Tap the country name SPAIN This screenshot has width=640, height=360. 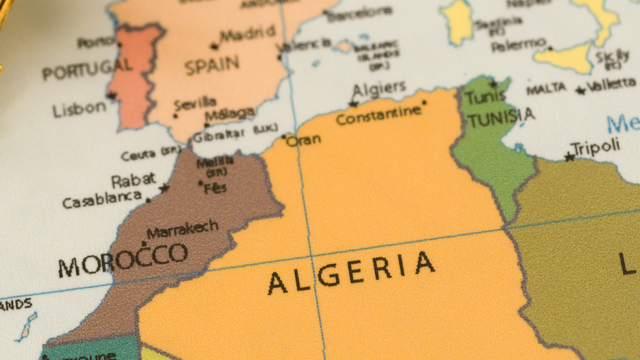pyautogui.click(x=212, y=66)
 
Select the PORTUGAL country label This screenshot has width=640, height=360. pyautogui.click(x=86, y=69)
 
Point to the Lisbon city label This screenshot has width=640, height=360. pyautogui.click(x=80, y=109)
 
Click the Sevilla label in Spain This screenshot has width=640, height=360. pyautogui.click(x=195, y=104)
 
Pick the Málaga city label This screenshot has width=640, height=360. pyautogui.click(x=230, y=114)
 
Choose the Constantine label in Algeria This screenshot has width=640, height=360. pyautogui.click(x=378, y=115)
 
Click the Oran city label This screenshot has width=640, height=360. pyautogui.click(x=303, y=141)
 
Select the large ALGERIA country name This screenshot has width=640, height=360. pyautogui.click(x=351, y=272)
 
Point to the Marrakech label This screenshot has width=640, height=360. pyautogui.click(x=182, y=228)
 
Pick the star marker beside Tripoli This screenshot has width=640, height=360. pyautogui.click(x=569, y=157)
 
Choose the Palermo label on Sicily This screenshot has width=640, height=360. pyautogui.click(x=518, y=46)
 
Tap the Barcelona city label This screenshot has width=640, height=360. pyautogui.click(x=359, y=14)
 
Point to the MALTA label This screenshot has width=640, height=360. pyautogui.click(x=546, y=88)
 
